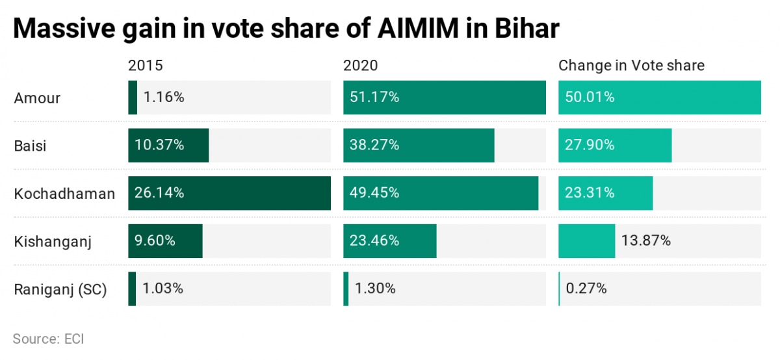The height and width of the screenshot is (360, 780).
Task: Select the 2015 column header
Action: click(145, 66)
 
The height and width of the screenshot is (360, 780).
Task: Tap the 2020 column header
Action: click(361, 66)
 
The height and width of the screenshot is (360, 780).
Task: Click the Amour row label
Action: click(37, 98)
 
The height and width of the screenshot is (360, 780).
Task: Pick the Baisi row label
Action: click(30, 146)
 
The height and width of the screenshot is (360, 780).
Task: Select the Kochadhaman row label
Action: click(64, 194)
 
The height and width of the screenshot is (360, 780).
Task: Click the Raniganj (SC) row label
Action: click(60, 289)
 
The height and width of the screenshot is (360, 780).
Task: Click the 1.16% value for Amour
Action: click(164, 97)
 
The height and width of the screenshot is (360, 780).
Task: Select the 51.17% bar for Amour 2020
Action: click(445, 97)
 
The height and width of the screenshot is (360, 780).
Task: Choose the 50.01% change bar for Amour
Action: click(659, 97)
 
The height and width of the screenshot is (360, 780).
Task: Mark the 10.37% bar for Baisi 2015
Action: click(168, 146)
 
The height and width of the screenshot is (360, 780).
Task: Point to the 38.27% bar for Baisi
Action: click(419, 146)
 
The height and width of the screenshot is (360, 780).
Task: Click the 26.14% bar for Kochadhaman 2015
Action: click(229, 194)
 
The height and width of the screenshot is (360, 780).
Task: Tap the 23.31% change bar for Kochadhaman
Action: click(605, 194)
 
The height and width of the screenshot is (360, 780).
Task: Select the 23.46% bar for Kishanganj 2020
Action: click(390, 241)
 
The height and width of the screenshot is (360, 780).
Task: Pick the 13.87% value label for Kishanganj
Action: click(647, 241)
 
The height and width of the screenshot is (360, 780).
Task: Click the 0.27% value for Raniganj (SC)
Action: click(586, 289)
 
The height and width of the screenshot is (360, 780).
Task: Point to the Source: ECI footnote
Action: click(48, 339)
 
